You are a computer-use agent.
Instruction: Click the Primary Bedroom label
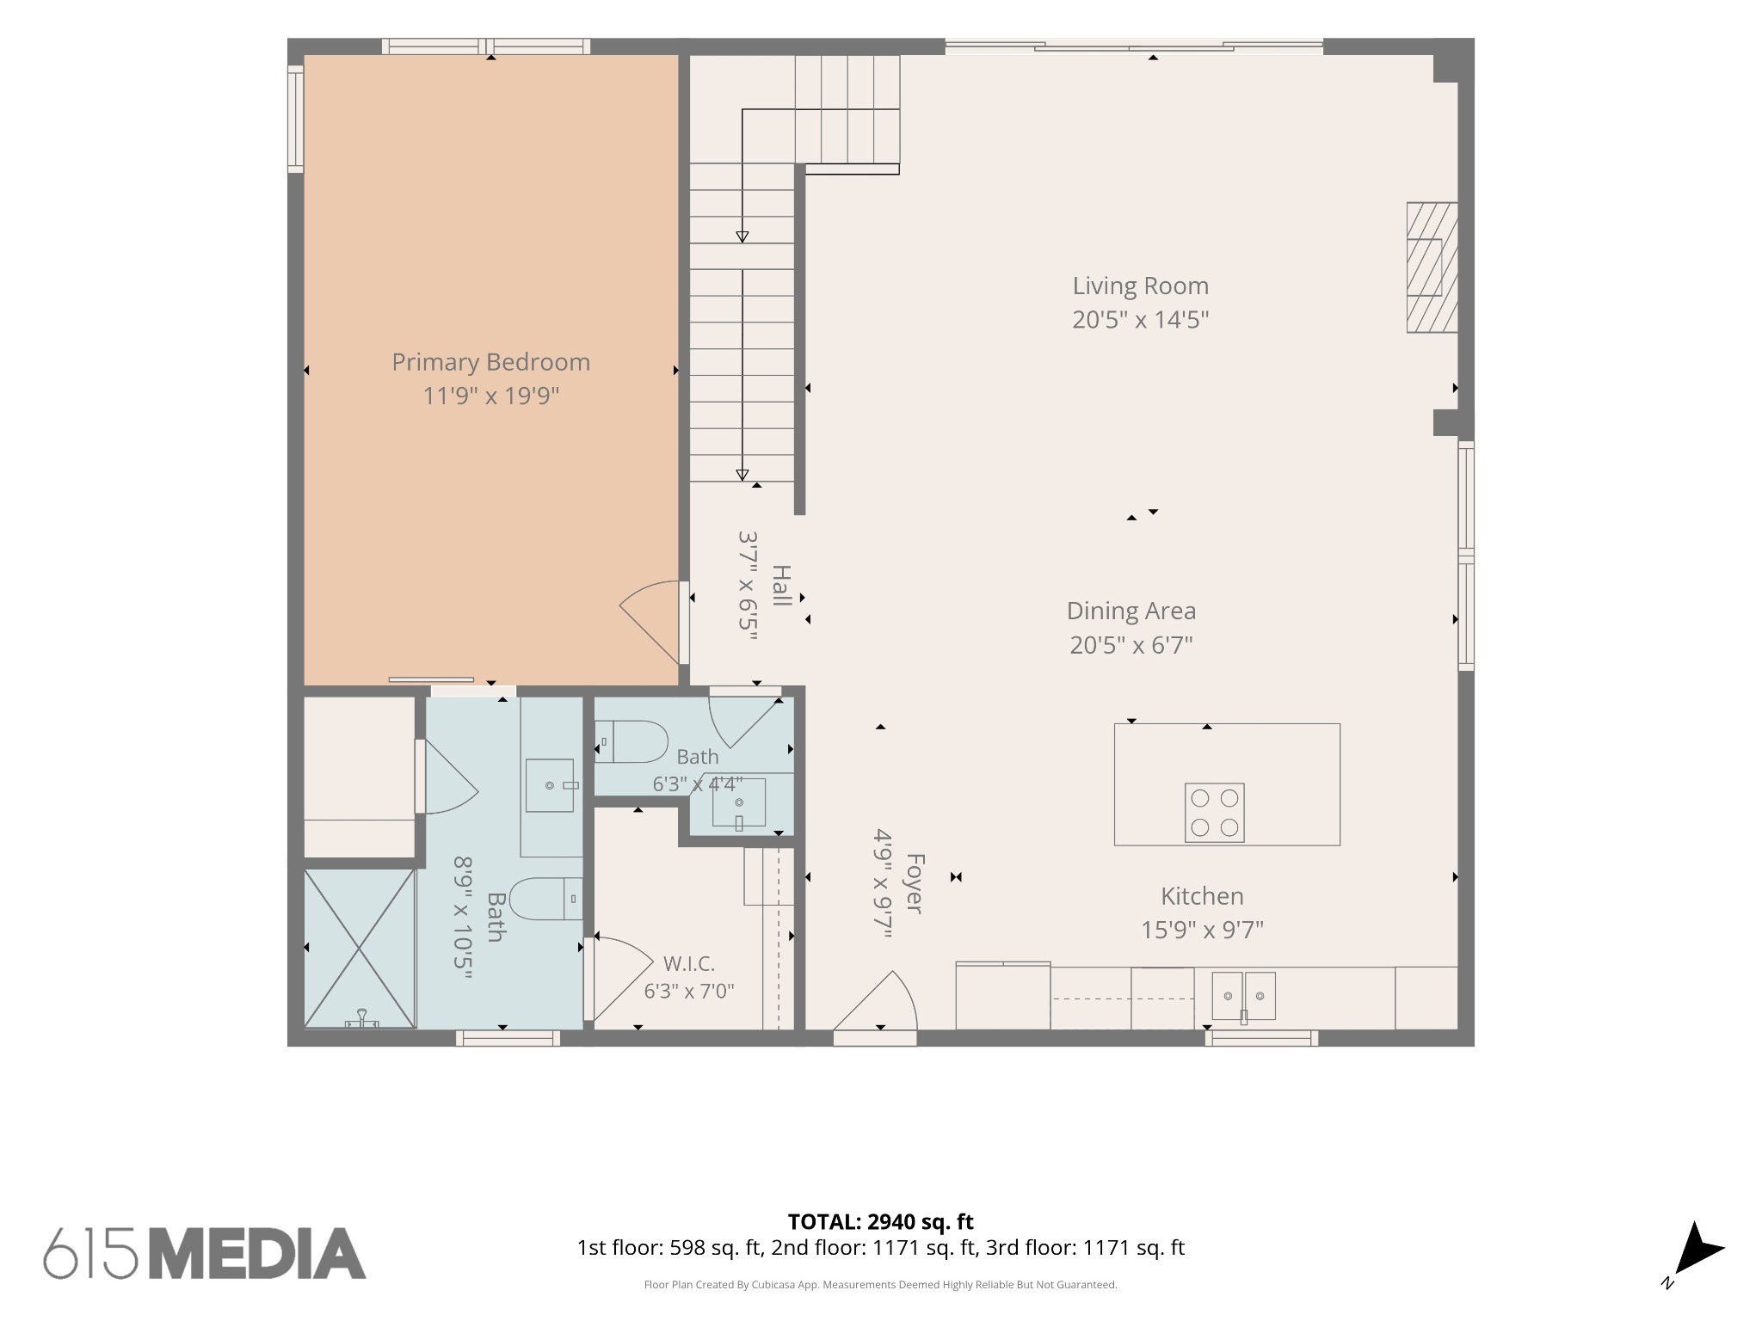[490, 362]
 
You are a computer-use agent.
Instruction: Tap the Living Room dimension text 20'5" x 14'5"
[1140, 320]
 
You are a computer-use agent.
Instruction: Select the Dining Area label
[1131, 611]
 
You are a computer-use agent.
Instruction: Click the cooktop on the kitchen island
[1214, 812]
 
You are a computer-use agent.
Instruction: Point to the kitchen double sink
[1243, 996]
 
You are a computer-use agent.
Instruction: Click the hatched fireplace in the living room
[1432, 267]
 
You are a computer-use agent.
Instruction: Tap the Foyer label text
[915, 883]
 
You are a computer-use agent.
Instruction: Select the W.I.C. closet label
[689, 963]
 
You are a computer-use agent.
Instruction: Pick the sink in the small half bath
[738, 803]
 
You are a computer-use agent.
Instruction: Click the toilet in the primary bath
[546, 899]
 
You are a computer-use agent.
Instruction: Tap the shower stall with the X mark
[360, 948]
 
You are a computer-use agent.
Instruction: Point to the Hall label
[781, 586]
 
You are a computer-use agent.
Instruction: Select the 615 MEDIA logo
[205, 1253]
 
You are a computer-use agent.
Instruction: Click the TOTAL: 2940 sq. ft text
[880, 1221]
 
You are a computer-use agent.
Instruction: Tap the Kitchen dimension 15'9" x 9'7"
[1202, 931]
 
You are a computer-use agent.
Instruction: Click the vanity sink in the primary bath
[550, 785]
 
